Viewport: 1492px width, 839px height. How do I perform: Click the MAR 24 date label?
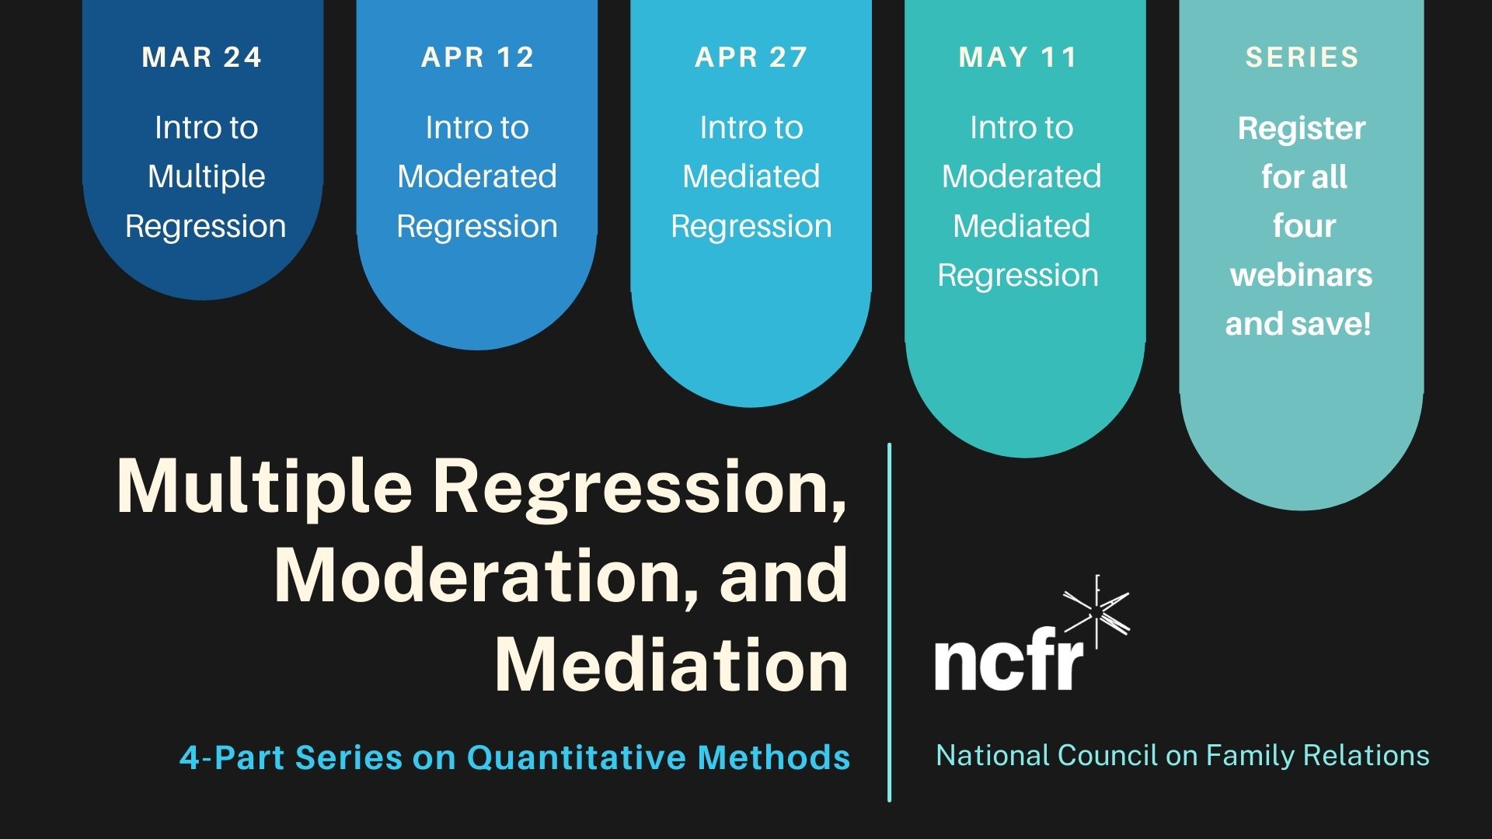coord(202,57)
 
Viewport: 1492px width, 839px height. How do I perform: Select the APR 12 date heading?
coord(477,57)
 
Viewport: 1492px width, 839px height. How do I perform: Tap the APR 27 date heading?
coord(751,57)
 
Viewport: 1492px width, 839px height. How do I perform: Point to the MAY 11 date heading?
coord(1018,57)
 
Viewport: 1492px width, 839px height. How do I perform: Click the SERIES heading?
coord(1302,57)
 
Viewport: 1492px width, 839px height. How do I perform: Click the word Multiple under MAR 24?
coord(206,177)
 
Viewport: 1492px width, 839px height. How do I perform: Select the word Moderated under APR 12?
coord(477,176)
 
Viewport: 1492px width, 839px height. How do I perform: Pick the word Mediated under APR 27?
coord(751,176)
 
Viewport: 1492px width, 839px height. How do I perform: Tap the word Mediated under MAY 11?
coord(1021,226)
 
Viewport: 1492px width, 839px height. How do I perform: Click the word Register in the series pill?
coord(1302,129)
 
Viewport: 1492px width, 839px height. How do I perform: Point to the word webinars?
coord(1302,275)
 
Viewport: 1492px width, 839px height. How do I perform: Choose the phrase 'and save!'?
coord(1298,324)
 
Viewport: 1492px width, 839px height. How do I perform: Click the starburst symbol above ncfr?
coord(1096,613)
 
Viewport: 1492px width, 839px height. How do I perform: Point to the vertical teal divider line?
coord(889,622)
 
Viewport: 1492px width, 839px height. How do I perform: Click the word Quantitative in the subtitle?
coord(576,757)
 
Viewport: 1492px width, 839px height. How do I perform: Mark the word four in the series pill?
coord(1304,226)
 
